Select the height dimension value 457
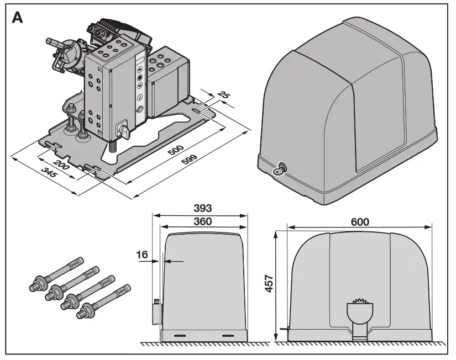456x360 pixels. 270,287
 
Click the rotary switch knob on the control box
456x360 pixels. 122,130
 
